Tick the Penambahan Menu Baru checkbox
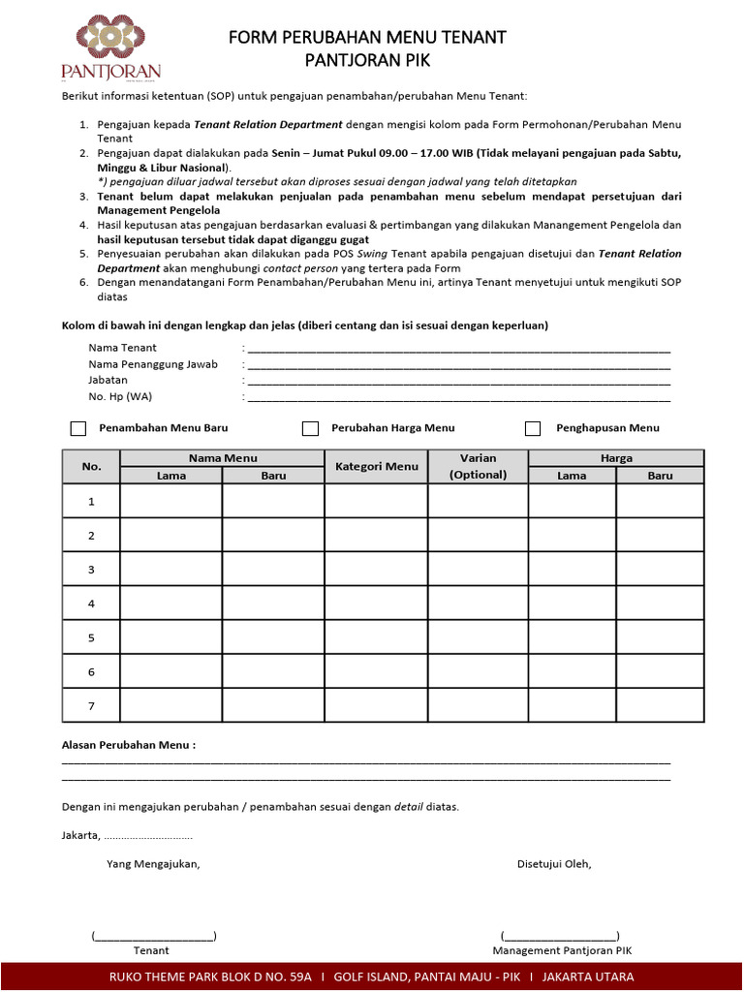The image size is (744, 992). click(78, 428)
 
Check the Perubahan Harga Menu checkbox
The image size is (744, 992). click(310, 428)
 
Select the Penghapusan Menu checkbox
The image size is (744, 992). click(533, 428)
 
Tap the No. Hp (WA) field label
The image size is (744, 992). click(120, 396)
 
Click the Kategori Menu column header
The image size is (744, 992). click(376, 467)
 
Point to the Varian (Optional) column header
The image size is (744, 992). click(478, 467)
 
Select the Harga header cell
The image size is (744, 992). click(616, 458)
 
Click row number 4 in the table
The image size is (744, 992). click(91, 604)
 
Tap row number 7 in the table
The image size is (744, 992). click(91, 705)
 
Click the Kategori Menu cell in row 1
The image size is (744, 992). click(376, 501)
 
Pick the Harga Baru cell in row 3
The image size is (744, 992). click(660, 570)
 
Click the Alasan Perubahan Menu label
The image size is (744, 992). click(129, 746)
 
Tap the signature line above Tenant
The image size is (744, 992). click(154, 936)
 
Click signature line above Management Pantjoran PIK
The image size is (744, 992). click(560, 936)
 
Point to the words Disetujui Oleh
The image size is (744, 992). click(554, 864)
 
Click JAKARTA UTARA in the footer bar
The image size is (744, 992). click(587, 976)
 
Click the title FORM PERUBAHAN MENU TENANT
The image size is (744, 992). click(367, 38)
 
